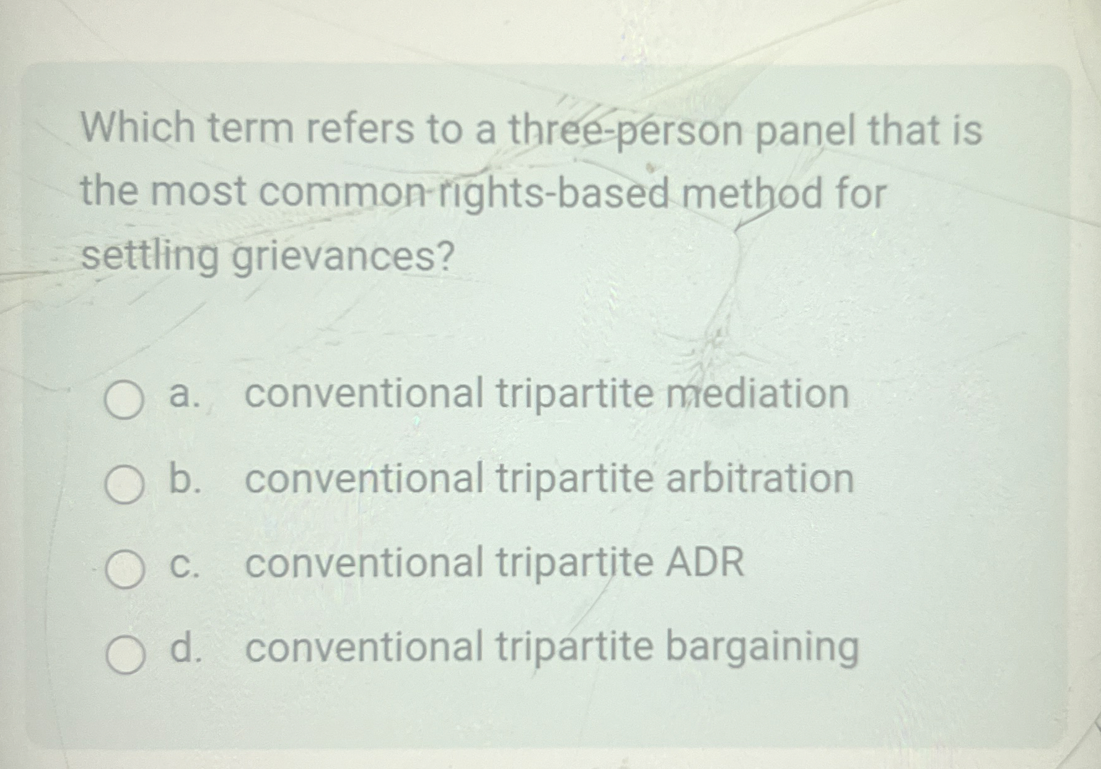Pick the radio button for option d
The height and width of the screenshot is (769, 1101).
coord(124,653)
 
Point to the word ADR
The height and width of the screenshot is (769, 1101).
coord(704,562)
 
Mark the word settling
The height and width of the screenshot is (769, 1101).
coord(150,257)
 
